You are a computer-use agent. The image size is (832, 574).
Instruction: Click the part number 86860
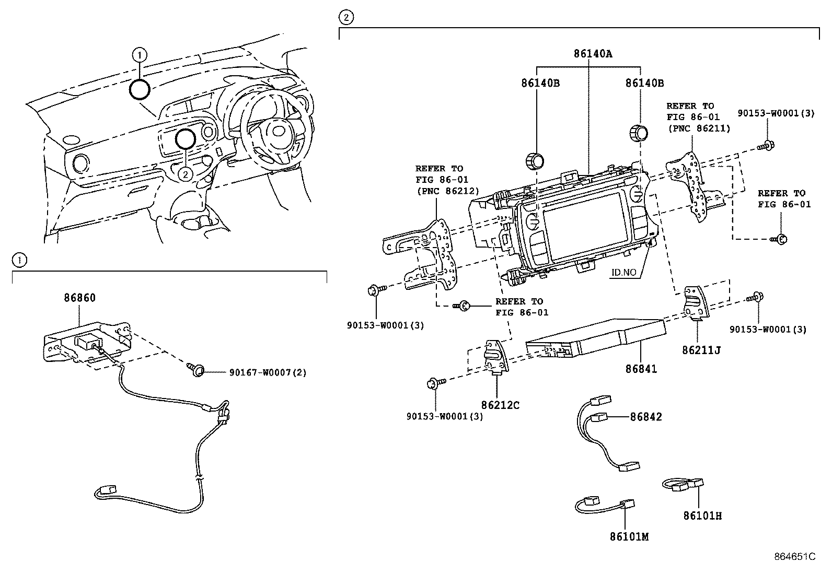(x=80, y=298)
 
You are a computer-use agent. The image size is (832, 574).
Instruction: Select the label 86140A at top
(x=593, y=53)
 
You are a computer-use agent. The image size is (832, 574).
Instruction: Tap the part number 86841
(x=641, y=369)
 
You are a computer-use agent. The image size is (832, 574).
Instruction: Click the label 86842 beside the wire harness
(x=646, y=417)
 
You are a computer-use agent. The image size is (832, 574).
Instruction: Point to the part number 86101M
(x=629, y=536)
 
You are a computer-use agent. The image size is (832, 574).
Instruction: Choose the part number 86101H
(x=702, y=516)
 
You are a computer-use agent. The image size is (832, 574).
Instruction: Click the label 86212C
(x=500, y=405)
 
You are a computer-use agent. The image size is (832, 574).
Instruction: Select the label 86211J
(x=701, y=350)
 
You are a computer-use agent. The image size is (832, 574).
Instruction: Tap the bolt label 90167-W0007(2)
(x=268, y=372)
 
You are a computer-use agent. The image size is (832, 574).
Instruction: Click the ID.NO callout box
(x=624, y=272)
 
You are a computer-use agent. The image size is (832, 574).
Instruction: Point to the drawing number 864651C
(x=795, y=557)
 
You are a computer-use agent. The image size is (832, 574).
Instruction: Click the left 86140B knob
(x=534, y=159)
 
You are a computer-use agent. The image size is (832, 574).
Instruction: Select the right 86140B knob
(x=638, y=133)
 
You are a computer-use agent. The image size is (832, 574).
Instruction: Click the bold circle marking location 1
(x=140, y=89)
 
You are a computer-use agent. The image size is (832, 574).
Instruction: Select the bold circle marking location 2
(x=185, y=139)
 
